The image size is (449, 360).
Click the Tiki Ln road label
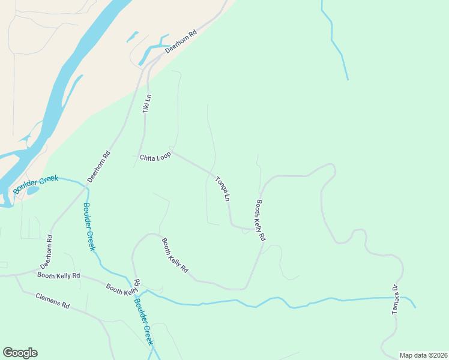(146, 104)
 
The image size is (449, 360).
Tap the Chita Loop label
(155, 157)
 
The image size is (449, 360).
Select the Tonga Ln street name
(223, 188)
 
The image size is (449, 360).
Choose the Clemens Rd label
(53, 301)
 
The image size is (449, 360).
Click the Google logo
(20, 353)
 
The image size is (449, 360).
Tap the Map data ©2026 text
(423, 355)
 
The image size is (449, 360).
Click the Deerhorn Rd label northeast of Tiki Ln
(181, 43)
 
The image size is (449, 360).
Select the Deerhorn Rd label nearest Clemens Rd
(46, 251)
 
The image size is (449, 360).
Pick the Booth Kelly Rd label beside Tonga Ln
(261, 220)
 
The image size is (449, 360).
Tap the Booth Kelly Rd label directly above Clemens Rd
(58, 275)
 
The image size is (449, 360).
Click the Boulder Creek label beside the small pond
(36, 182)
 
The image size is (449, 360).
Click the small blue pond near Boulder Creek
(32, 191)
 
